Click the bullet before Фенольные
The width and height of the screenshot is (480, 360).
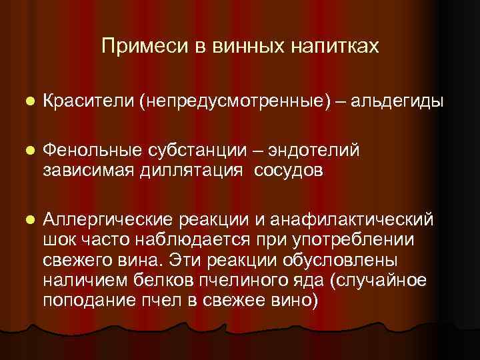27,151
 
